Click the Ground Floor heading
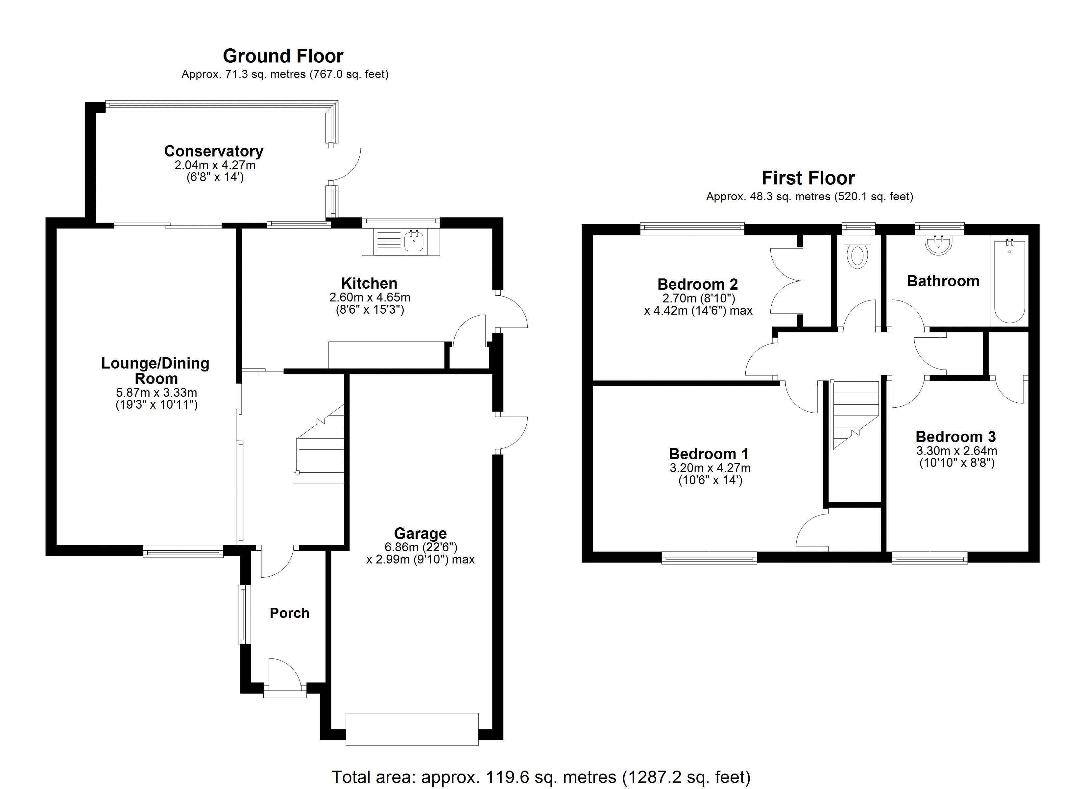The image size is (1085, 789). coord(283,56)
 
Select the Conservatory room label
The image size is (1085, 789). coord(213,151)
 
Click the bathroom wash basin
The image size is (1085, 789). coord(939,245)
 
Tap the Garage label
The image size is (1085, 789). coord(420,533)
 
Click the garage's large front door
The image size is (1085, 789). coord(412,729)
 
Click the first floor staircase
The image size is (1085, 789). coord(855,414)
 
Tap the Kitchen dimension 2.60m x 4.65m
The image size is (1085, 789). coord(369,297)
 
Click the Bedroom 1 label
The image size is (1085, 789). coord(709,454)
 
